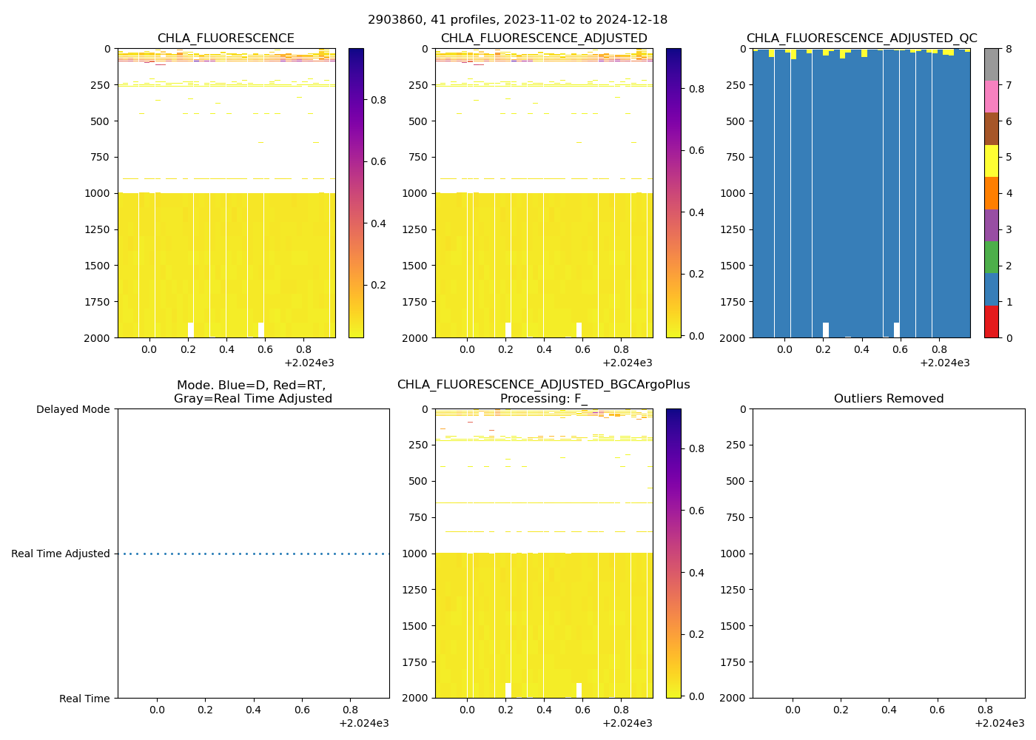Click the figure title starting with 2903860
coord(517,20)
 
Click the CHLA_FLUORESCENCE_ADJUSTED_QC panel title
coord(861,38)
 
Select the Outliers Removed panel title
coord(889,399)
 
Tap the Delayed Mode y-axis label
coord(73,409)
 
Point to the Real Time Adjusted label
coord(60,554)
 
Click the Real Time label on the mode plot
coord(84,699)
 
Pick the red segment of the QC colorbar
coord(991,322)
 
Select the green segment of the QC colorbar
coord(991,258)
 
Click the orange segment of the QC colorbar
coord(991,193)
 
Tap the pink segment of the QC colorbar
coord(991,97)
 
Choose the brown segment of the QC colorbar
coord(991,129)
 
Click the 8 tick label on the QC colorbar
coord(1008,49)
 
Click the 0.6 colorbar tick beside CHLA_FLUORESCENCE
coord(377,161)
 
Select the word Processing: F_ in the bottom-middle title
coord(543,399)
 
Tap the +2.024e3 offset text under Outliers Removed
coord(999,723)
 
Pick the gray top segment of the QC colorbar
coord(991,64)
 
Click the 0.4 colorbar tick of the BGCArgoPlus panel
coord(695,573)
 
